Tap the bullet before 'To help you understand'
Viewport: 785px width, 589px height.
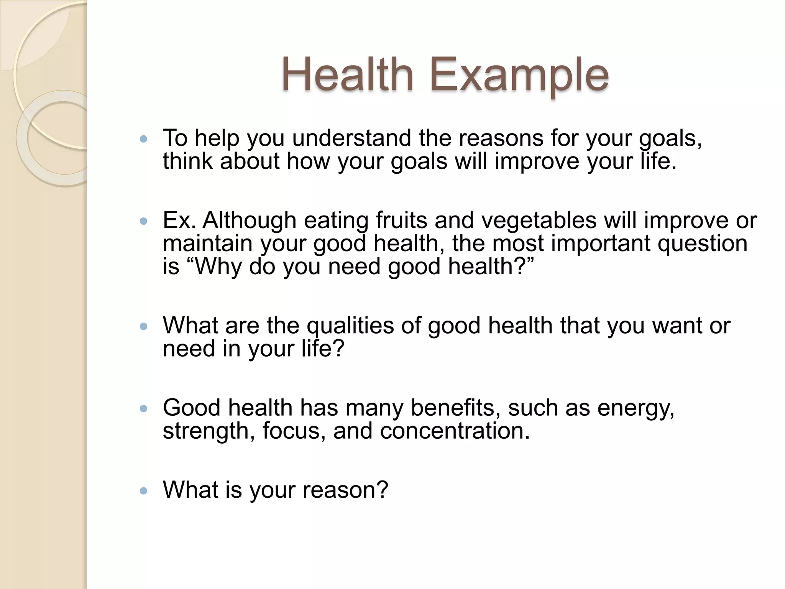click(144, 139)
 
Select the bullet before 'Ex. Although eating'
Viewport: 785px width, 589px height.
click(144, 221)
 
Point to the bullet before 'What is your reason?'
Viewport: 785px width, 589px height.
click(144, 490)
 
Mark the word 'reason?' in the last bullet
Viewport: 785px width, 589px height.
click(345, 490)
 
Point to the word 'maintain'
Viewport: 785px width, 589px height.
click(207, 243)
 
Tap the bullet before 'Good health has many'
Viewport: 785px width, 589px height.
click(144, 409)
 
